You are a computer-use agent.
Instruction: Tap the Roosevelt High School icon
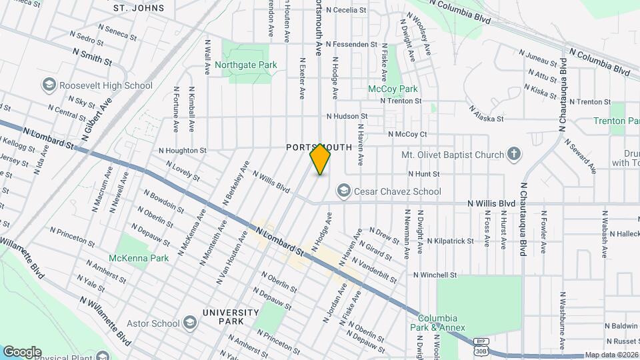click(x=49, y=85)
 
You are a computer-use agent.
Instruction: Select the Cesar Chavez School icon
click(x=344, y=191)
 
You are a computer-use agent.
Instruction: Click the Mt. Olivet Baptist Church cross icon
click(x=513, y=155)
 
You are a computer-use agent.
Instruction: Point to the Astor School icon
click(x=190, y=324)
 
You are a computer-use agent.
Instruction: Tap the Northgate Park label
click(x=245, y=65)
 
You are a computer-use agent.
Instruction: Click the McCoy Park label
click(x=393, y=89)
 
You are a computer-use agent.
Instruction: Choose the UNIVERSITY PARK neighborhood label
click(x=230, y=317)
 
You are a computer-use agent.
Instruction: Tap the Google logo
click(x=22, y=351)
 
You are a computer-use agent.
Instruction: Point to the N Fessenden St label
click(x=351, y=44)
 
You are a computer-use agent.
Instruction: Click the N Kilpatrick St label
click(x=450, y=241)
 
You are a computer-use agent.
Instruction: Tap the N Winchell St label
click(x=435, y=275)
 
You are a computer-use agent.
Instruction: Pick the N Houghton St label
click(x=183, y=151)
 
